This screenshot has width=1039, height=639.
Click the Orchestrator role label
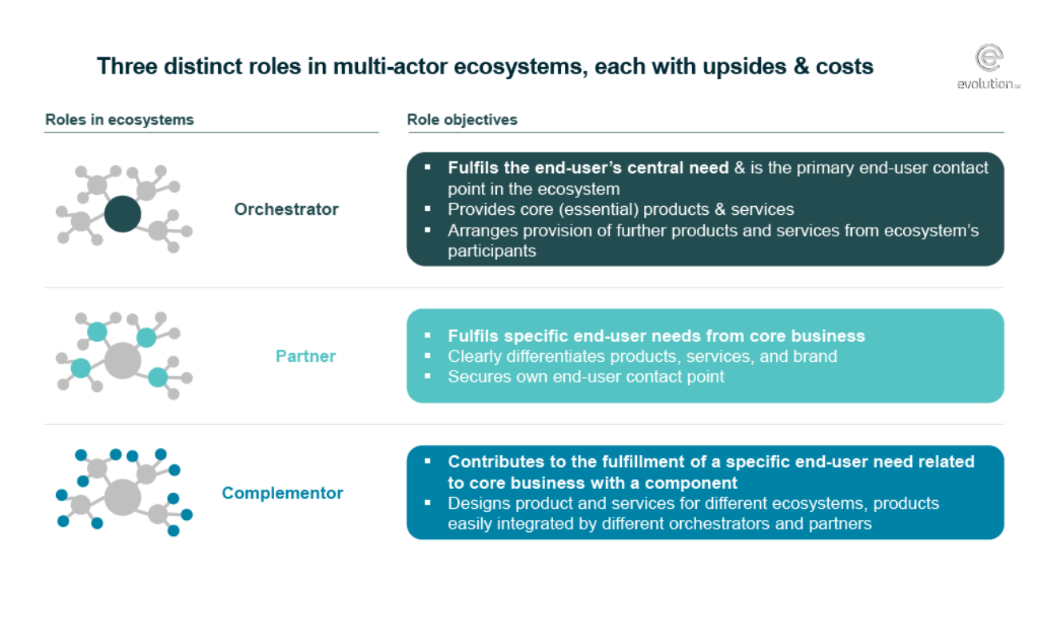click(286, 209)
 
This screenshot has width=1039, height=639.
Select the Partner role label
click(305, 356)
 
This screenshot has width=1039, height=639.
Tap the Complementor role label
click(282, 493)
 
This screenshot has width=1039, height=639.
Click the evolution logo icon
click(989, 58)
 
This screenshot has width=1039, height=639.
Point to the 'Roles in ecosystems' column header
click(119, 120)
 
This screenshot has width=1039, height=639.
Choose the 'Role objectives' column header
click(462, 120)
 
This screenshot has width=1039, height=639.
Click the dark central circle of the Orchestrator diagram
click(122, 214)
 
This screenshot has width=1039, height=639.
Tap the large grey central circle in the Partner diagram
click(122, 361)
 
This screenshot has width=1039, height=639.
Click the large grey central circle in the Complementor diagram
click(122, 498)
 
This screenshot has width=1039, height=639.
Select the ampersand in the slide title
click(801, 66)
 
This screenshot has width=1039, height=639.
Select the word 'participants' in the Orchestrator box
click(492, 252)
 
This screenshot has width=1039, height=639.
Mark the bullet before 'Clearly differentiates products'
click(428, 355)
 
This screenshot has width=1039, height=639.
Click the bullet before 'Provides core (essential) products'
click(428, 208)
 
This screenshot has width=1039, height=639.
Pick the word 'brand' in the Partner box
click(815, 356)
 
